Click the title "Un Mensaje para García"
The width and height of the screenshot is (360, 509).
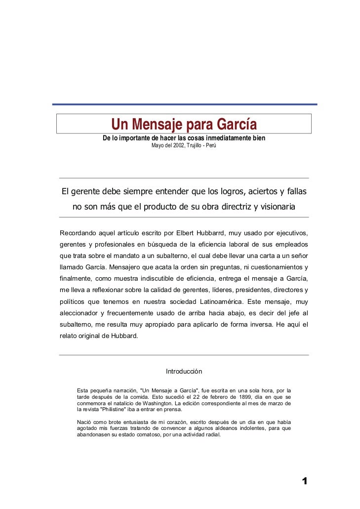point(184,123)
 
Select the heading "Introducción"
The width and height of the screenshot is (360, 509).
point(184,372)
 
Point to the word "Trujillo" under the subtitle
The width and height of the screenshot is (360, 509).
point(194,147)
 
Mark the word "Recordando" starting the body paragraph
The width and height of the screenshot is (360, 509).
point(78,233)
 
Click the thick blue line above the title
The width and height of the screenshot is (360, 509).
point(185,104)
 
